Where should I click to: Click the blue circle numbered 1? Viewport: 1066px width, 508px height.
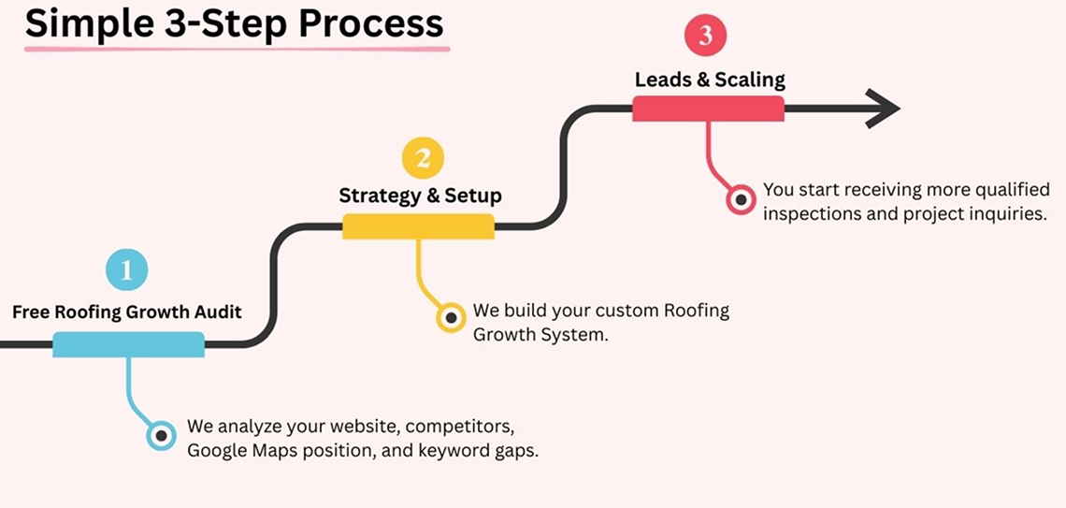pyautogui.click(x=127, y=271)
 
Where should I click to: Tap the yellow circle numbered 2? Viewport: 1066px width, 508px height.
pyautogui.click(x=423, y=158)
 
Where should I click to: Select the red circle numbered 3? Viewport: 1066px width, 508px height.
pyautogui.click(x=706, y=37)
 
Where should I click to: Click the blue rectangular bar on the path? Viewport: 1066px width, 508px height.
pyautogui.click(x=128, y=344)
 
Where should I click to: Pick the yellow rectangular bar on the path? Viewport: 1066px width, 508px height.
pyautogui.click(x=418, y=226)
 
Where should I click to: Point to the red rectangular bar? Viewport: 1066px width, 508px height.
pyautogui.click(x=708, y=109)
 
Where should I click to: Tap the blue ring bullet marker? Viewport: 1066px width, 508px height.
pyautogui.click(x=162, y=435)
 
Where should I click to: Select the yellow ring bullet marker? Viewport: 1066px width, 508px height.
pyautogui.click(x=452, y=318)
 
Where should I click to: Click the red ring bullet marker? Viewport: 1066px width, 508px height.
pyautogui.click(x=742, y=199)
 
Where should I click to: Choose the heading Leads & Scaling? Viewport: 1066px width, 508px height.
pyautogui.click(x=710, y=79)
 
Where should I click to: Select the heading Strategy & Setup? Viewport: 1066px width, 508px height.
pyautogui.click(x=420, y=196)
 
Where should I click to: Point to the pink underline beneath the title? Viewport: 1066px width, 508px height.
pyautogui.click(x=237, y=47)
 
